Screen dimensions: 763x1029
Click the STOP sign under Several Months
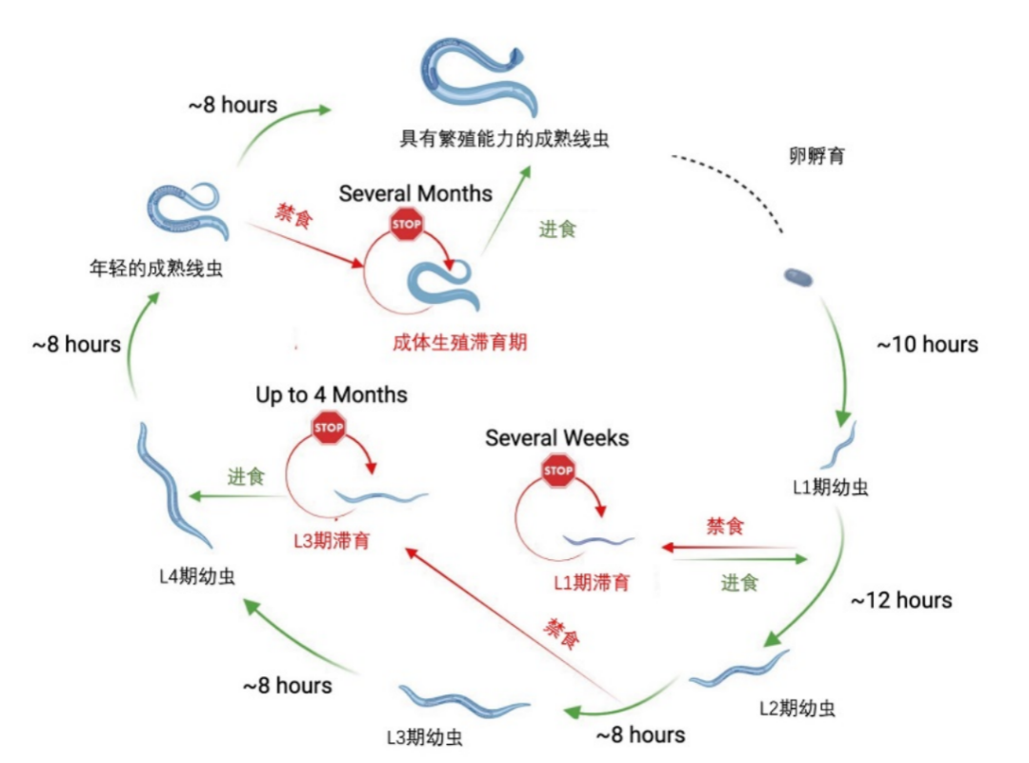tap(407, 224)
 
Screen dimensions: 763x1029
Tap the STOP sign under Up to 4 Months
tap(329, 428)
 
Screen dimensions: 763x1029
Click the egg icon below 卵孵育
tap(798, 277)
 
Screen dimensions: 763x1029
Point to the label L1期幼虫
tap(830, 489)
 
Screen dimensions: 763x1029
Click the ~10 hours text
tap(926, 345)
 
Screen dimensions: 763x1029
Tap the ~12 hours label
tap(900, 600)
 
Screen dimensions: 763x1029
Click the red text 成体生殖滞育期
tap(459, 343)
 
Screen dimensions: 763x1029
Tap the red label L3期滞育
tap(331, 541)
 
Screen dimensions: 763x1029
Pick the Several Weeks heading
tap(556, 438)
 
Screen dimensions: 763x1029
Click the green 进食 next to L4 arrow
tap(245, 477)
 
